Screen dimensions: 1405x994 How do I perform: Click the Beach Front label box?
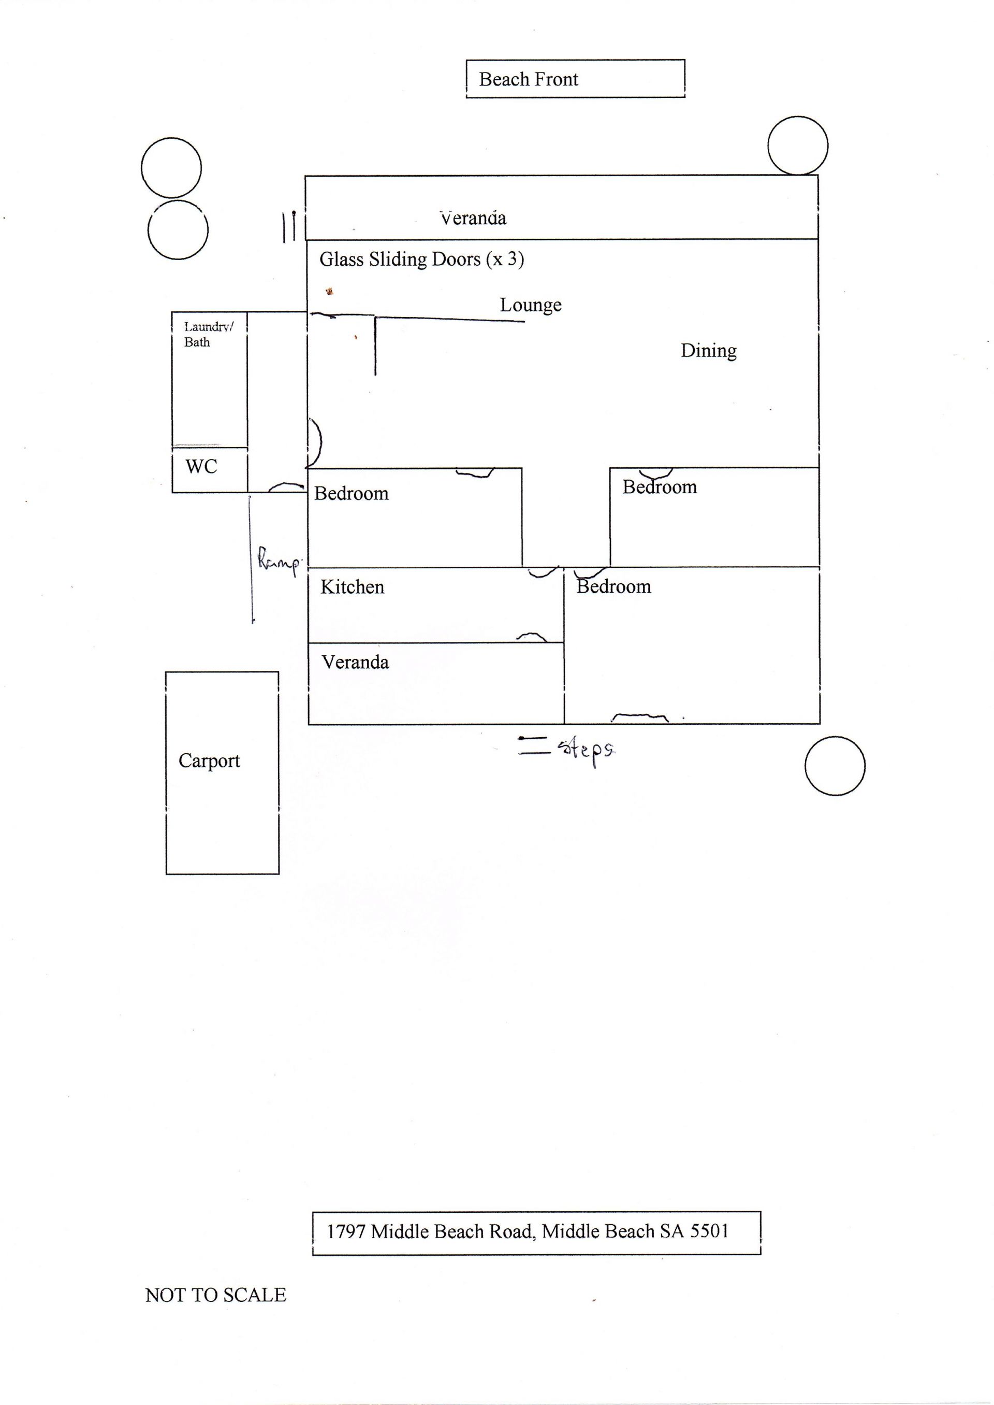[x=575, y=79]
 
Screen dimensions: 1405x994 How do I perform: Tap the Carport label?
[x=209, y=761]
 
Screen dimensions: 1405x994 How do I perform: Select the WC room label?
[x=201, y=467]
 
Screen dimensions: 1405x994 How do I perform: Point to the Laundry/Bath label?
[x=208, y=334]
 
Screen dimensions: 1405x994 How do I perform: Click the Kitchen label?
[x=352, y=587]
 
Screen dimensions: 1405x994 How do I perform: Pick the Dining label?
[x=708, y=351]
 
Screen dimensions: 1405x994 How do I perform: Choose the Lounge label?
[x=530, y=305]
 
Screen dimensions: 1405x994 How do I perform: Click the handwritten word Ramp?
[x=279, y=561]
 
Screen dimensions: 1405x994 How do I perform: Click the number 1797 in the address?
[x=346, y=1231]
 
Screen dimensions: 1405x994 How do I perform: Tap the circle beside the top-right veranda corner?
[x=797, y=146]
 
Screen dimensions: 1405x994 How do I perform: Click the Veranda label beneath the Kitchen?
[x=355, y=662]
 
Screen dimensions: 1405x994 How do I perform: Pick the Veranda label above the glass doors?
[x=473, y=218]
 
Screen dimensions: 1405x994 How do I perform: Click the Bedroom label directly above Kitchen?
[x=352, y=494]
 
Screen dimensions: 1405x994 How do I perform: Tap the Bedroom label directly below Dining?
[x=659, y=488]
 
